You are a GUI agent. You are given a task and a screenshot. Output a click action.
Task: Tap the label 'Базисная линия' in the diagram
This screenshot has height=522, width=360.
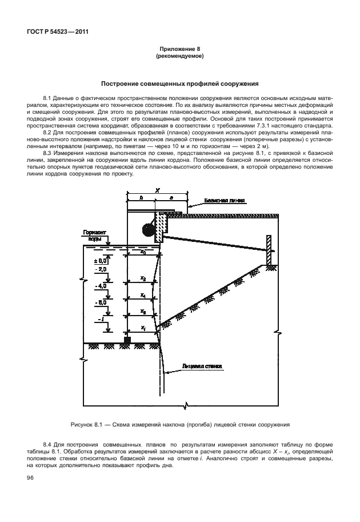(225, 201)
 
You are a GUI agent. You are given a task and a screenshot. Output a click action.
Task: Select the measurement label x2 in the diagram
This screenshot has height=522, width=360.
(143, 278)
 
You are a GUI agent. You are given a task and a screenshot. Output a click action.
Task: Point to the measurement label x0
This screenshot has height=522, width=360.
(143, 252)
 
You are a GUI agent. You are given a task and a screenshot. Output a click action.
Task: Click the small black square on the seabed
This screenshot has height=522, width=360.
(127, 341)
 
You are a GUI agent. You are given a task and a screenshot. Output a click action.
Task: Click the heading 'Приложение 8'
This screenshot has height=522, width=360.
(180, 50)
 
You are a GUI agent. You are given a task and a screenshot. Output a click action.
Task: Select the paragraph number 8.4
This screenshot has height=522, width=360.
(47, 444)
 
